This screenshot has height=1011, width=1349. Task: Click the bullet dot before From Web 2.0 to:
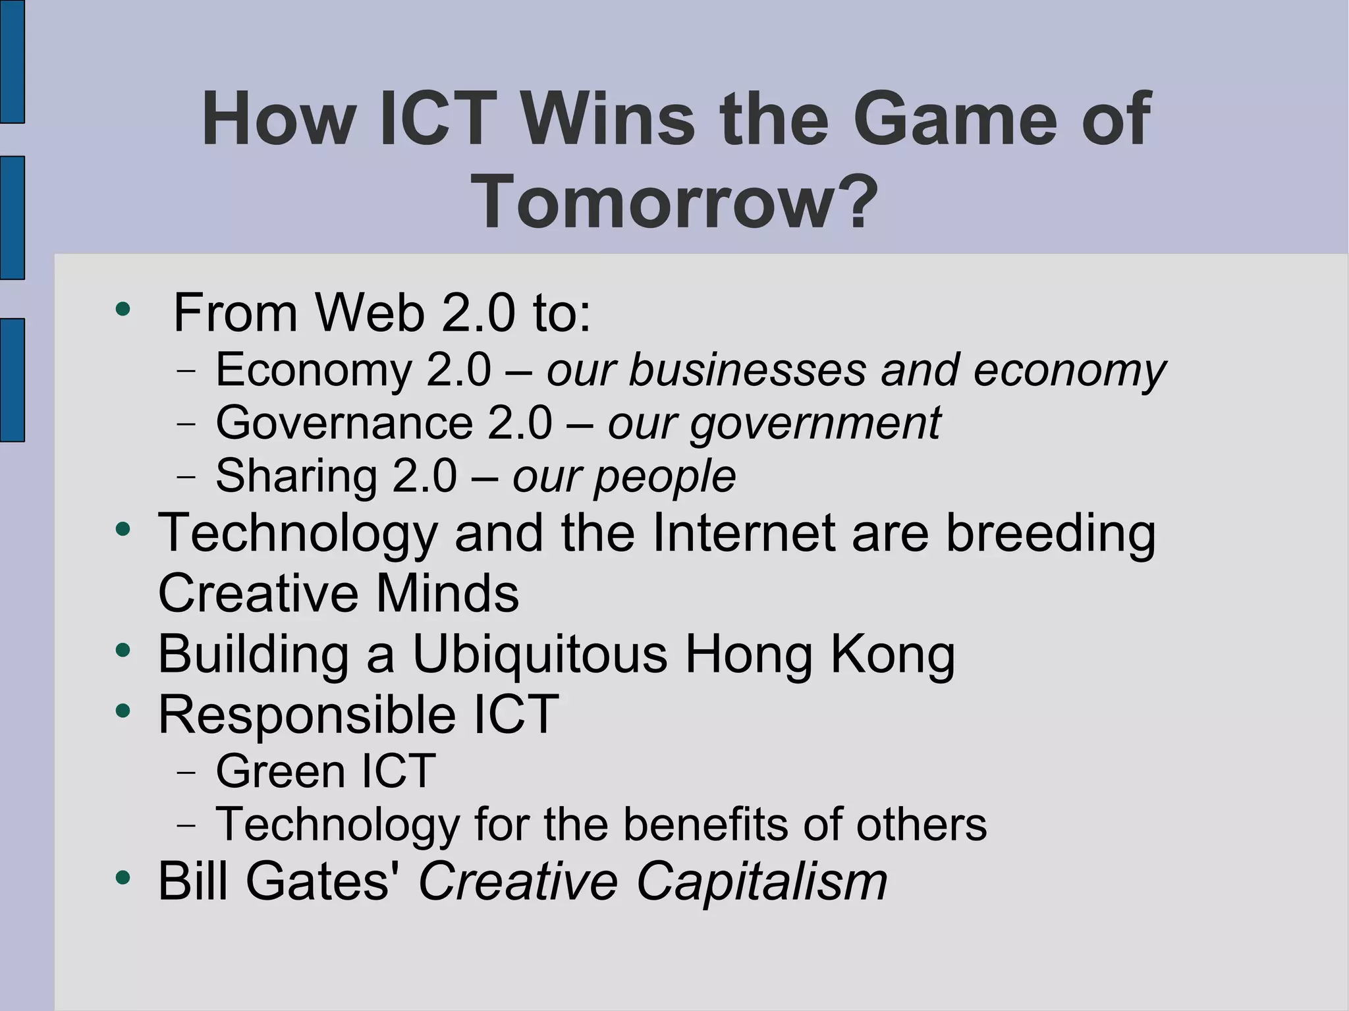point(122,309)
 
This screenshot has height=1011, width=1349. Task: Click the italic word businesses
point(748,369)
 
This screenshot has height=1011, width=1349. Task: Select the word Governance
point(344,423)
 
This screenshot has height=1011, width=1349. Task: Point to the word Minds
point(447,593)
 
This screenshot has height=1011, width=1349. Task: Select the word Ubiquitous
point(539,655)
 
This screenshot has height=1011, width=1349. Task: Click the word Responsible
point(307,715)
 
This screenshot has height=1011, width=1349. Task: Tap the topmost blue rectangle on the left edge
point(12,61)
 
